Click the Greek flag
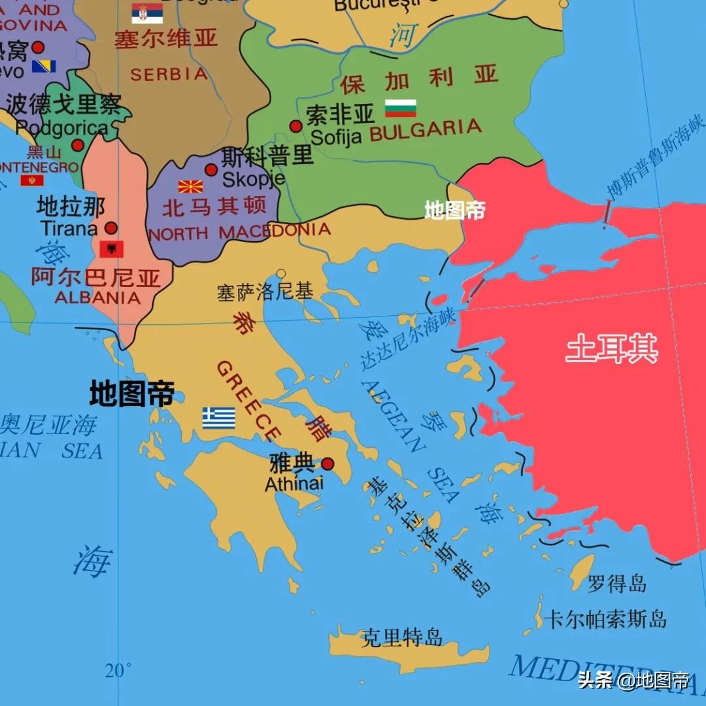218,418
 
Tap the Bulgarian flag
400,108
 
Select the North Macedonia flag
190,186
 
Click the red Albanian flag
111,249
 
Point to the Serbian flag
147,13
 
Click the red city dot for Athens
328,463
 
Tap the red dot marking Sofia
295,126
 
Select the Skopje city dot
210,170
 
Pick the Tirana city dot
111,228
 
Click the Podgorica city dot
78,145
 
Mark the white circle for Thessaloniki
281,273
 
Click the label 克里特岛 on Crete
402,637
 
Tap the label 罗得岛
616,583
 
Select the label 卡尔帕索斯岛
606,619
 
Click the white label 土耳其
611,348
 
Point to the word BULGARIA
426,130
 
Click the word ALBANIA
97,298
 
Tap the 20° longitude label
118,670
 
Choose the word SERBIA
169,74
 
